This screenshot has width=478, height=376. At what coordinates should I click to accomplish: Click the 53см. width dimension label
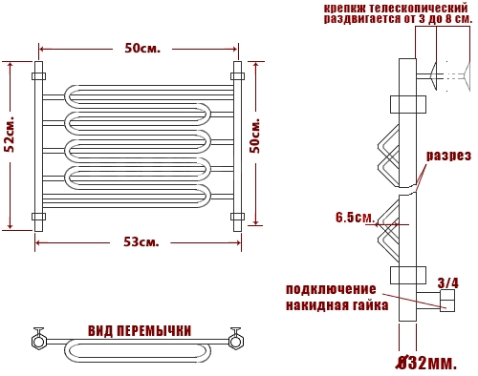click(141, 242)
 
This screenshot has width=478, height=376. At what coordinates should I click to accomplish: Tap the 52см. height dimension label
click(11, 136)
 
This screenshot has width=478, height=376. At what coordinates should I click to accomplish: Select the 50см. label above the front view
click(142, 49)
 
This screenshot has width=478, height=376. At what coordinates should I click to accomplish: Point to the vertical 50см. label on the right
click(255, 136)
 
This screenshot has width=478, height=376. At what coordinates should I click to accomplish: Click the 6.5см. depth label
click(355, 218)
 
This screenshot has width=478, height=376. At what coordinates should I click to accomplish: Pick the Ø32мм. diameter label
click(425, 364)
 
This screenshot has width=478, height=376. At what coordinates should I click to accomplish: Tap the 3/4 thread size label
click(448, 282)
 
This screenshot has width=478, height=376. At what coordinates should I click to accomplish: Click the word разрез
click(448, 156)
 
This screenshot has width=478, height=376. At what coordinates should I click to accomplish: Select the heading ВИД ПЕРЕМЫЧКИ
click(140, 331)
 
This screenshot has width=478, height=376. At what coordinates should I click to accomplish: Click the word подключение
click(331, 290)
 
